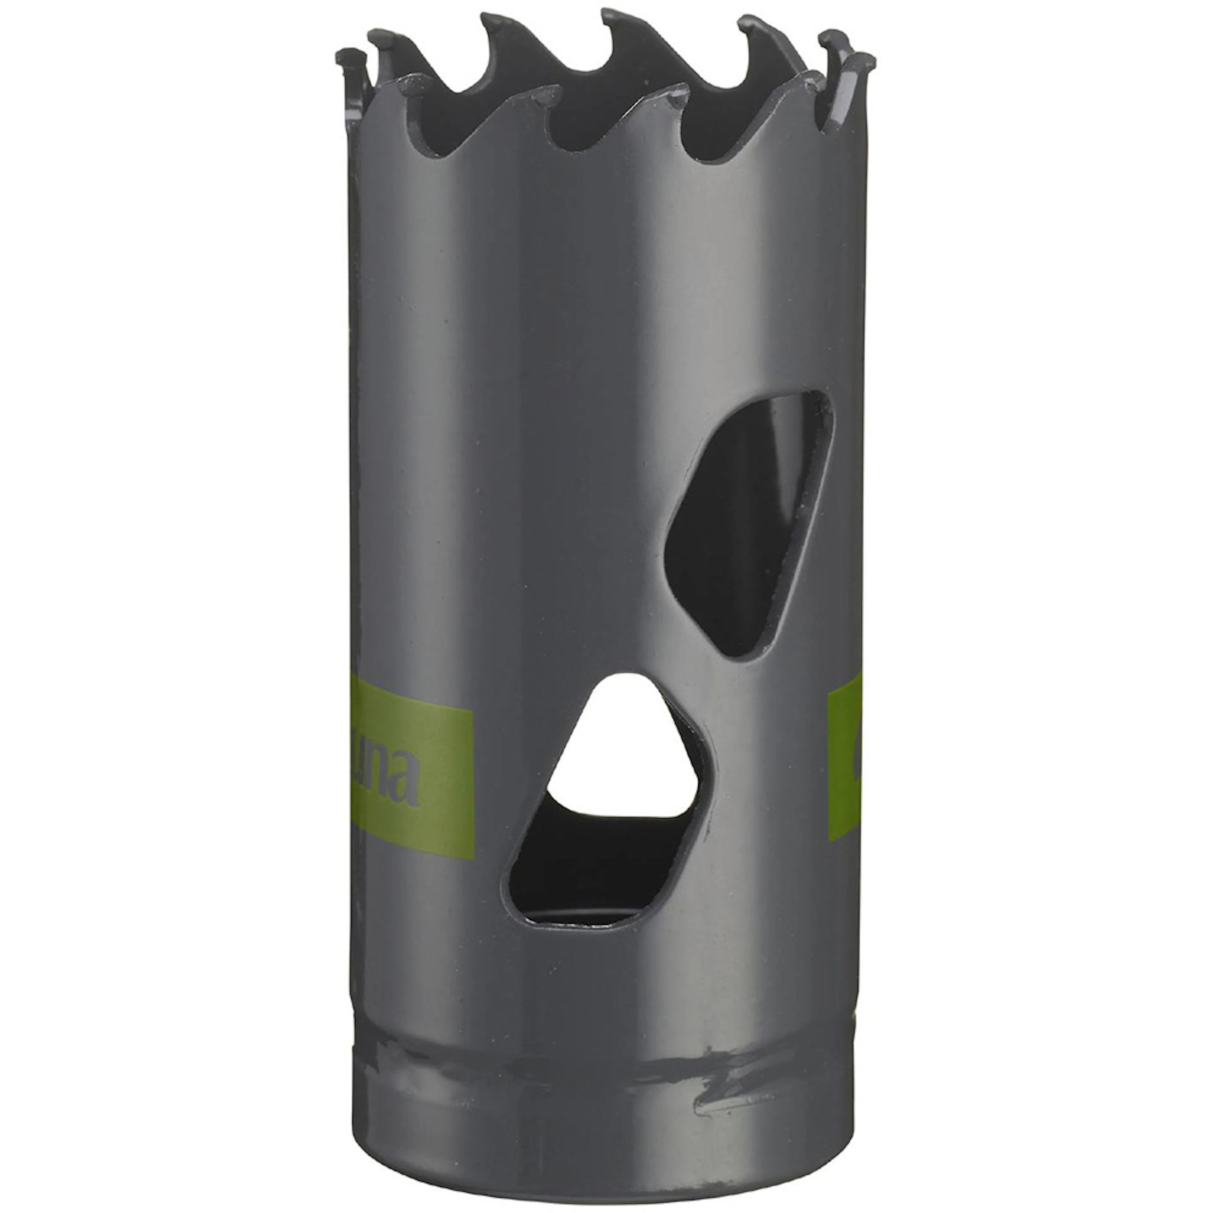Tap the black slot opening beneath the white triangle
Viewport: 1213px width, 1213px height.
[x=584, y=866]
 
